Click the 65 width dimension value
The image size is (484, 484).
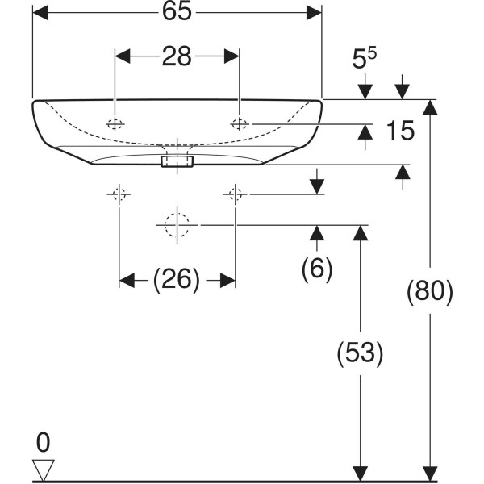(x=176, y=14)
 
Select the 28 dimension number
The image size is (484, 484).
(x=177, y=56)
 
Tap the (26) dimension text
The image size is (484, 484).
(x=177, y=279)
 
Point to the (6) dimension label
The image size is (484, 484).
(x=317, y=269)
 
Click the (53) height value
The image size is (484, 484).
(x=360, y=353)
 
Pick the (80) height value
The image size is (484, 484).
(x=430, y=290)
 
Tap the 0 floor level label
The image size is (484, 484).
(x=43, y=442)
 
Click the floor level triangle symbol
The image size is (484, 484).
(x=42, y=468)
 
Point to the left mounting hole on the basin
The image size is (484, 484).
(x=115, y=123)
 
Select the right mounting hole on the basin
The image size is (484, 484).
(x=240, y=123)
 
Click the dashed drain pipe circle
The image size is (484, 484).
(x=174, y=225)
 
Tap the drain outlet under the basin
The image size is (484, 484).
(x=176, y=161)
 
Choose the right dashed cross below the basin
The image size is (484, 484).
(x=235, y=194)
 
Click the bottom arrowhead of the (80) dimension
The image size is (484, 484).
(x=432, y=474)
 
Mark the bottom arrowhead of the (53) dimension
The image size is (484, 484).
(x=361, y=474)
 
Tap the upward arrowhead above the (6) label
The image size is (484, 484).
(x=317, y=234)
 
